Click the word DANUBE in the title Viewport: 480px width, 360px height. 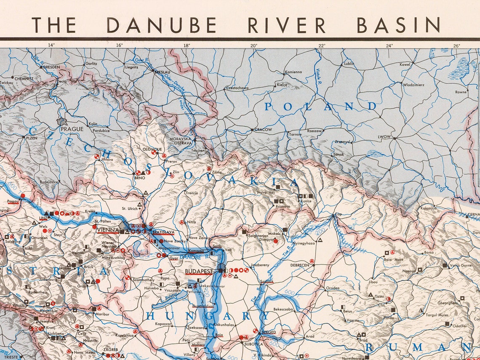click(161, 25)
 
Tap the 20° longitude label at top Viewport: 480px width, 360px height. click(253, 45)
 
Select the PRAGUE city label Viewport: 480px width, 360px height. click(72, 129)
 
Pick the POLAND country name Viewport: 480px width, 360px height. click(320, 107)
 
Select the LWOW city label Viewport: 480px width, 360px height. click(384, 137)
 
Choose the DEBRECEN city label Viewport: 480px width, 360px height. click(300, 265)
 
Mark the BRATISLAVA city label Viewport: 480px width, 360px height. click(163, 232)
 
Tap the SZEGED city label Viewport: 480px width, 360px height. click(269, 332)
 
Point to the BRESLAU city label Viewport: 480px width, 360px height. click(162, 72)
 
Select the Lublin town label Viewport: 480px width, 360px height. click(349, 64)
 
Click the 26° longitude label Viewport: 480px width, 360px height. click(457, 45)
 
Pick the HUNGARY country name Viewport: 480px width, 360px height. click(208, 316)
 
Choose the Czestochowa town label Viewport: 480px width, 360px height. click(237, 88)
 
